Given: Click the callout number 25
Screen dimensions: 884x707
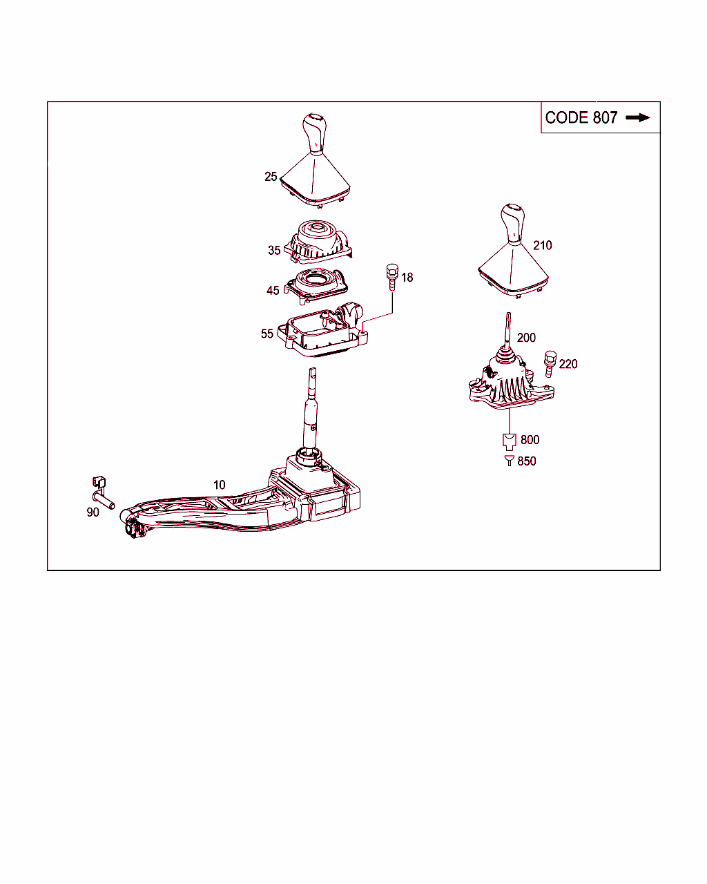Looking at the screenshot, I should [x=271, y=177].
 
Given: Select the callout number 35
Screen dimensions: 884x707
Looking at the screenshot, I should [x=274, y=250].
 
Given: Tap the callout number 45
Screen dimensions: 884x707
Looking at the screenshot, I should [x=273, y=290].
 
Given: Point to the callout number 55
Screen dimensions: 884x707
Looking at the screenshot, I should [x=267, y=334].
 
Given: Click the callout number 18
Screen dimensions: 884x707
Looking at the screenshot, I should [x=407, y=278].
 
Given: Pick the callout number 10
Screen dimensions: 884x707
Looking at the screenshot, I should [x=219, y=485].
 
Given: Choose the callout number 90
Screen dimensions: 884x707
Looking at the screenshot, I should [x=93, y=512].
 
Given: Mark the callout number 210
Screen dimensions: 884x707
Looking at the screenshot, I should [x=543, y=245].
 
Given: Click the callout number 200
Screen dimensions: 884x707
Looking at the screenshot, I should [x=526, y=338].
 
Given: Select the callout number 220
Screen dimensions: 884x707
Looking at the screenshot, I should [x=568, y=364].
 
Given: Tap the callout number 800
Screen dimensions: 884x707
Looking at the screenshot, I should [x=530, y=440].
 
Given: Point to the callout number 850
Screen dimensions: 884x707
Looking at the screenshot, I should [x=527, y=461].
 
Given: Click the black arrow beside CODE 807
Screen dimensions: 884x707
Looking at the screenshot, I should [x=638, y=118].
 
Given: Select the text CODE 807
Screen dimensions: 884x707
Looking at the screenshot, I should [x=581, y=118].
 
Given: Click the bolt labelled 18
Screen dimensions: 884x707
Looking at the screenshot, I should [x=391, y=275].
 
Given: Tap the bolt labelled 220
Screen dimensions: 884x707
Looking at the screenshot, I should [x=550, y=363].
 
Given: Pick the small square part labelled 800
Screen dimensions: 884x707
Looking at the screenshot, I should [x=509, y=440].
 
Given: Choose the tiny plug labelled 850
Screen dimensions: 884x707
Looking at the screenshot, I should [x=509, y=461].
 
